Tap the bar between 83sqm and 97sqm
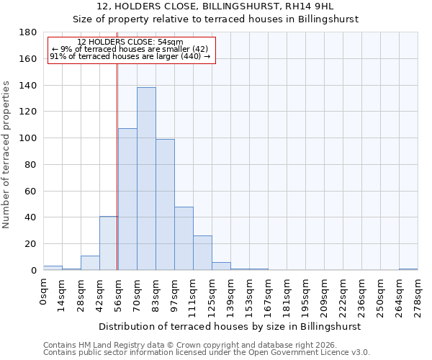pyautogui.click(x=165, y=204)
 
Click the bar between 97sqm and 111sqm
pyautogui.click(x=184, y=238)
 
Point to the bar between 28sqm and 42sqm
pyautogui.click(x=90, y=263)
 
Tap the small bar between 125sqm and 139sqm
pyautogui.click(x=221, y=266)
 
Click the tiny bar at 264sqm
pyautogui.click(x=408, y=269)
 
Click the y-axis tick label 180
pyautogui.click(x=28, y=32)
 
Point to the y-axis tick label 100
pyautogui.click(x=28, y=138)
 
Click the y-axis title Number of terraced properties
pyautogui.click(x=6, y=155)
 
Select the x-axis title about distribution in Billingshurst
pyautogui.click(x=230, y=326)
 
